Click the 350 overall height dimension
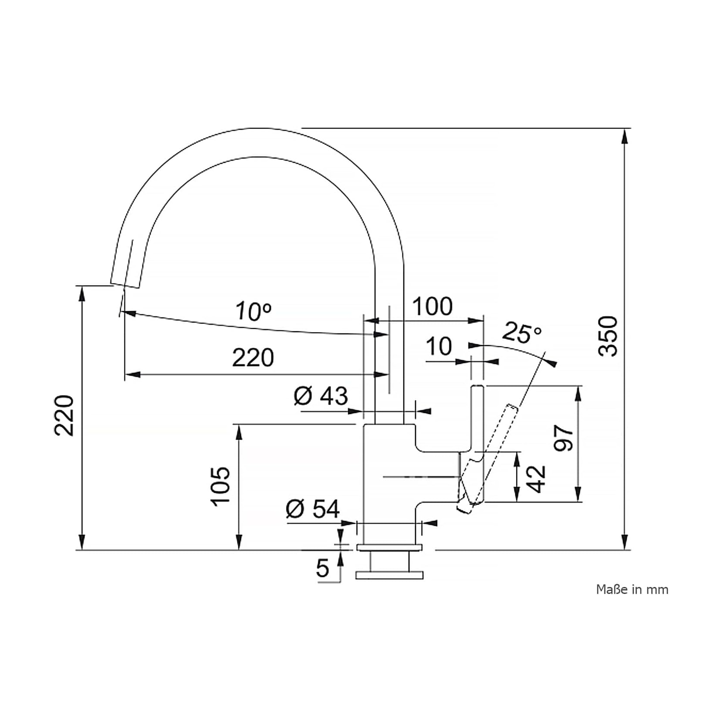coord(607,336)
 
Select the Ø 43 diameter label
coord(321,396)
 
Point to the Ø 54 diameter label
coord(313,509)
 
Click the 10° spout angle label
coord(254,311)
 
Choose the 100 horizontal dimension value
coord(432,307)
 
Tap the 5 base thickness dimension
coord(323,568)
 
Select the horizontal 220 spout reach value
coord(253,358)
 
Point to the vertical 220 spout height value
coord(64,415)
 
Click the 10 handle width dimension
coord(439,346)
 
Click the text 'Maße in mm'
coord(632,590)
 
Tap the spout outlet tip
coord(126,285)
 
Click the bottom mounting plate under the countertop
coord(389,575)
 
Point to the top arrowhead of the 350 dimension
coord(625,136)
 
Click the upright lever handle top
coord(477,387)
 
